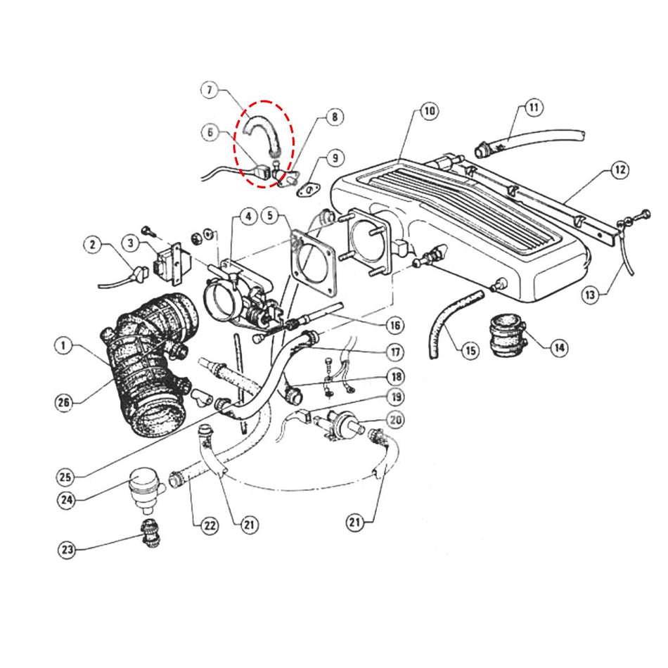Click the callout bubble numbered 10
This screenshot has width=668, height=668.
click(x=428, y=111)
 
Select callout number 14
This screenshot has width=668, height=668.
click(x=560, y=347)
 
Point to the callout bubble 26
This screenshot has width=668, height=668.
click(x=65, y=402)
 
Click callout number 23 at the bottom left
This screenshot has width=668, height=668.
click(x=66, y=550)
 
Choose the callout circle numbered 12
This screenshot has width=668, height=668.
click(x=619, y=169)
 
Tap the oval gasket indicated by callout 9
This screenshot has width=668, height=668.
click(x=308, y=189)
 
